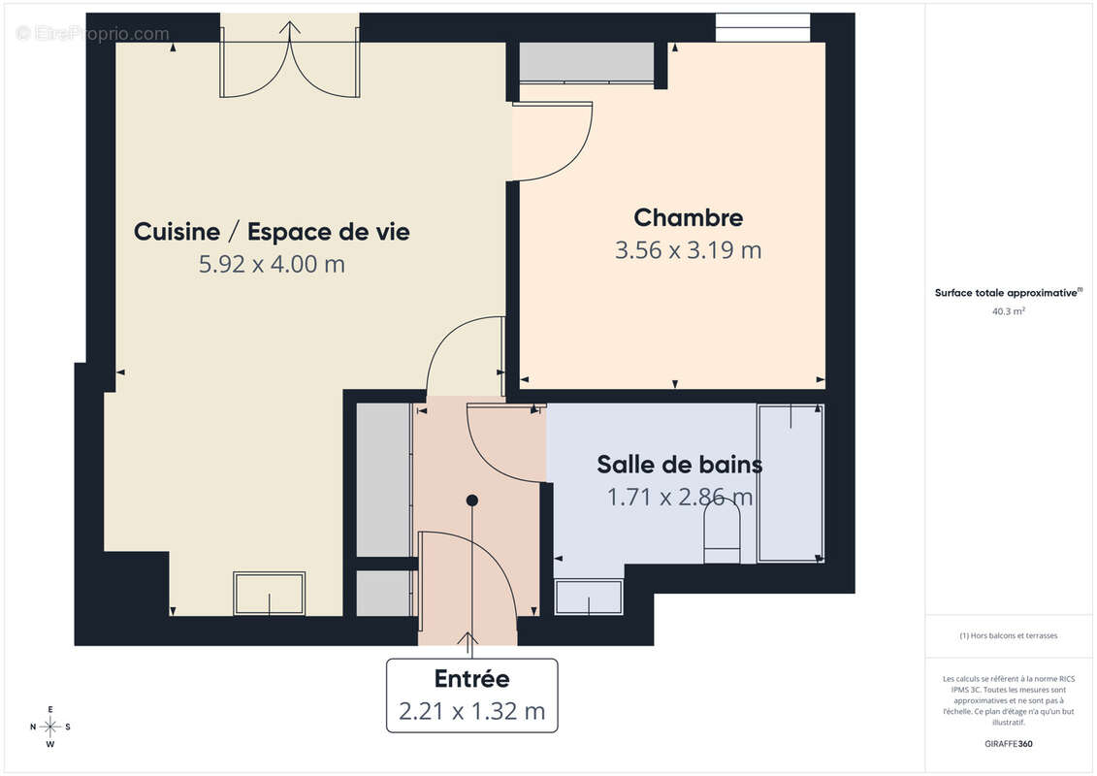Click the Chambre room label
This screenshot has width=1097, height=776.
pyautogui.click(x=688, y=217)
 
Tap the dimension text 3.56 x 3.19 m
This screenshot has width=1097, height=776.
pyautogui.click(x=688, y=250)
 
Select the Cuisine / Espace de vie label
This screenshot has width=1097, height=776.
pyautogui.click(x=272, y=232)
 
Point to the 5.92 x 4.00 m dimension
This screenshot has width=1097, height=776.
pyautogui.click(x=272, y=264)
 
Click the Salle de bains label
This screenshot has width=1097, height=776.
pyautogui.click(x=679, y=465)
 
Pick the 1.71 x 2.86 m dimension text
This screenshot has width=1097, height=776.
pyautogui.click(x=679, y=498)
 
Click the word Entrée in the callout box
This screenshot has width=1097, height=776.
pyautogui.click(x=471, y=679)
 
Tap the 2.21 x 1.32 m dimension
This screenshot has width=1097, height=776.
pyautogui.click(x=471, y=711)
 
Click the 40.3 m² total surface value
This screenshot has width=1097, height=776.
pyautogui.click(x=1009, y=312)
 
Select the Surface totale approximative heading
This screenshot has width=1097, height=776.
pyautogui.click(x=1007, y=292)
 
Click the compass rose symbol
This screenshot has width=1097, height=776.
pyautogui.click(x=50, y=727)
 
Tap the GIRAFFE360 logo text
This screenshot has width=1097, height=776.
pyautogui.click(x=1009, y=745)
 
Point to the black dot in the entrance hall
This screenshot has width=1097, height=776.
pyautogui.click(x=472, y=501)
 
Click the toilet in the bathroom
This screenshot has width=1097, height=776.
pyautogui.click(x=721, y=534)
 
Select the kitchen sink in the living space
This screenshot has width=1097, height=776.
pyautogui.click(x=269, y=593)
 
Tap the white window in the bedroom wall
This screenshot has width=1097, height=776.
pyautogui.click(x=762, y=26)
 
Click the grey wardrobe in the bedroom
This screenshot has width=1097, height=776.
pyautogui.click(x=587, y=63)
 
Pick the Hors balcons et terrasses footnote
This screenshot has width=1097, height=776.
pyautogui.click(x=1009, y=636)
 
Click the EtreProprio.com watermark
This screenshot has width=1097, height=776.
pyautogui.click(x=93, y=34)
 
